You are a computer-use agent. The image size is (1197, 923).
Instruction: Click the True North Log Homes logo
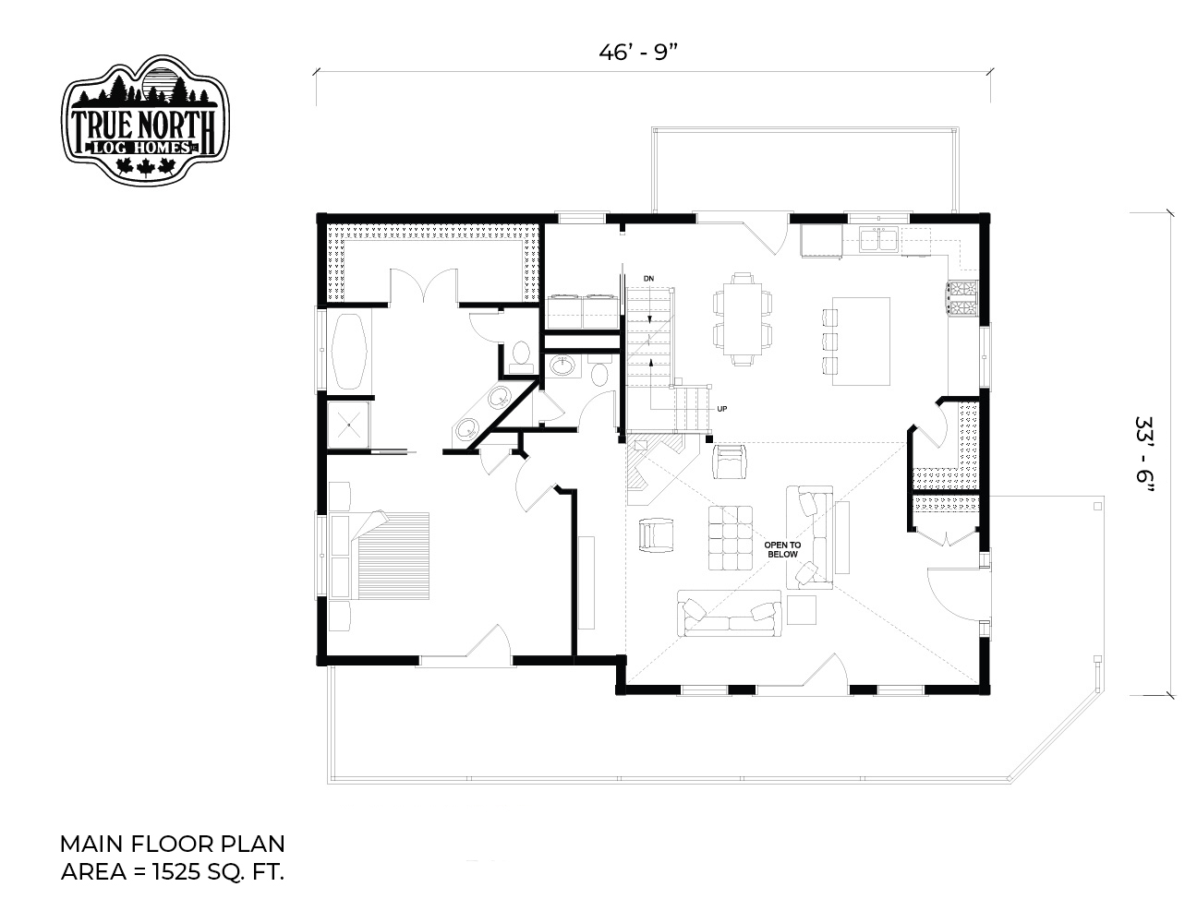pyautogui.click(x=145, y=119)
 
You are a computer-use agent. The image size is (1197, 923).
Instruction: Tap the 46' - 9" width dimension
pyautogui.click(x=638, y=53)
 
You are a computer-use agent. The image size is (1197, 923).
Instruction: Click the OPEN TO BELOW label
pyautogui.click(x=782, y=549)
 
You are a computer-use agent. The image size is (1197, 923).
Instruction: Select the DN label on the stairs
pyautogui.click(x=649, y=279)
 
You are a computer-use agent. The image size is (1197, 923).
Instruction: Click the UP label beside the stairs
pyautogui.click(x=721, y=409)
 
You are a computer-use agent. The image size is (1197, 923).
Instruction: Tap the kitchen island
pyautogui.click(x=861, y=342)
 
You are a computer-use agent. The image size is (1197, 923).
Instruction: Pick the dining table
pyautogui.click(x=743, y=319)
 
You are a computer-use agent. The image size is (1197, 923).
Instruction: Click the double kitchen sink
pyautogui.click(x=880, y=239)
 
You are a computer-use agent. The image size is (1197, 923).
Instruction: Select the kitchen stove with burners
pyautogui.click(x=961, y=299)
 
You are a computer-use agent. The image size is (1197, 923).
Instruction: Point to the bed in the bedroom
pyautogui.click(x=393, y=556)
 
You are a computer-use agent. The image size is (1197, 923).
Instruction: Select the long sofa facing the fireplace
pyautogui.click(x=730, y=613)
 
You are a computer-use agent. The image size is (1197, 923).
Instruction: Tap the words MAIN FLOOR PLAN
pyautogui.click(x=173, y=844)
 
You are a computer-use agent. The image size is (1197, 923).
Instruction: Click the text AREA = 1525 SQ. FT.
pyautogui.click(x=173, y=872)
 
